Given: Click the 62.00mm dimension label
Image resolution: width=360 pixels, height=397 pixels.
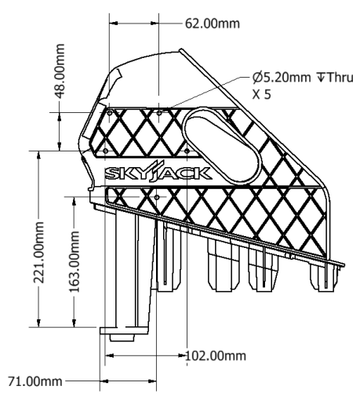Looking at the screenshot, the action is click(213, 24).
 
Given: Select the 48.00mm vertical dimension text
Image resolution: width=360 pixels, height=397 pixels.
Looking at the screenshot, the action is click(60, 71).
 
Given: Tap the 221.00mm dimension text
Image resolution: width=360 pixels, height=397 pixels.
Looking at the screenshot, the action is click(38, 253).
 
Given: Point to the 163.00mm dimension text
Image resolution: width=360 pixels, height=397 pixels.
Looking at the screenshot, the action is click(74, 261).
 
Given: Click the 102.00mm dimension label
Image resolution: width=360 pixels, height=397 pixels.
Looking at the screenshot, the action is click(216, 355).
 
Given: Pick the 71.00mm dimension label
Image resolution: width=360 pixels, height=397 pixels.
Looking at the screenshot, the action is click(35, 381).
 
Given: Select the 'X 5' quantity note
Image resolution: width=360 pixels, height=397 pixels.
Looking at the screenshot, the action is click(261, 94).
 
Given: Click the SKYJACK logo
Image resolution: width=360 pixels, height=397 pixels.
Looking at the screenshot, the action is click(158, 173).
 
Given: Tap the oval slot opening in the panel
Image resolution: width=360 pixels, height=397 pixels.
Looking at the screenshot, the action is click(222, 145).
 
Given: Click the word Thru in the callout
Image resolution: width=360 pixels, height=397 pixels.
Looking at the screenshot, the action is click(340, 78).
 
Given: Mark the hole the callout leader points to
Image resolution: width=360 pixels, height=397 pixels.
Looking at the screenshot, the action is click(159, 113).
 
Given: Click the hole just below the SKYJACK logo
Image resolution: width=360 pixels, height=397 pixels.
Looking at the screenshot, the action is click(157, 197).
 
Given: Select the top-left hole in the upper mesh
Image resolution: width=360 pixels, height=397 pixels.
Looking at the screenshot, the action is click(110, 113).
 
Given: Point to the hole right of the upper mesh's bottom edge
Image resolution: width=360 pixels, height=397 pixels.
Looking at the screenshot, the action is click(187, 151).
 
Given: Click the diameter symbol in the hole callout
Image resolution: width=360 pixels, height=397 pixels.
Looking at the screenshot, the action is click(257, 78).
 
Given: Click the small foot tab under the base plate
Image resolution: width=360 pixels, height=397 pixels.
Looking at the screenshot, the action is click(122, 337).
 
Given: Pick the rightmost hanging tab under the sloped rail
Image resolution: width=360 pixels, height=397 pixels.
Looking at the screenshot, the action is click(325, 278).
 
